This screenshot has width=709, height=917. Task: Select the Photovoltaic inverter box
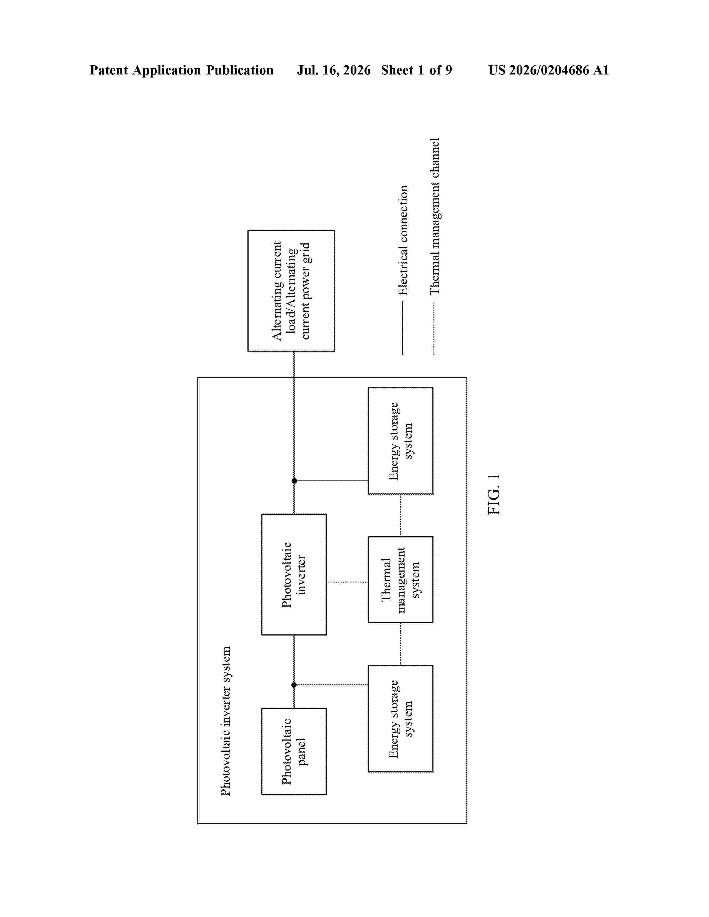click(294, 574)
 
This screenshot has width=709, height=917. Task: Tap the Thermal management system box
click(401, 579)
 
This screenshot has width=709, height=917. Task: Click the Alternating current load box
click(291, 291)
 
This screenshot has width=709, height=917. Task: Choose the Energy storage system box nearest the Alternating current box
click(401, 440)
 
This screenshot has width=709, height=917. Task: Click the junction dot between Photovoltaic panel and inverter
click(294, 685)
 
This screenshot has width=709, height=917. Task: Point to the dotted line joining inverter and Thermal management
click(347, 582)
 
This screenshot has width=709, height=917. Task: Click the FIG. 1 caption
click(494, 494)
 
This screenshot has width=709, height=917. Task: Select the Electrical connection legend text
click(403, 240)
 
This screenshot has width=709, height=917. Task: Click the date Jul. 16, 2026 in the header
click(334, 70)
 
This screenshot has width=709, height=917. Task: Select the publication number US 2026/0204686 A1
click(549, 70)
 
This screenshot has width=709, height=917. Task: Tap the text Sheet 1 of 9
click(417, 70)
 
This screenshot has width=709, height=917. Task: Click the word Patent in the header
click(109, 70)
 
